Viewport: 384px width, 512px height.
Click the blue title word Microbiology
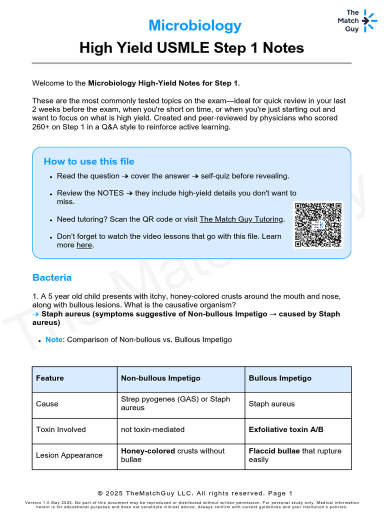195,25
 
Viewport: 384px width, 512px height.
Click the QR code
318,224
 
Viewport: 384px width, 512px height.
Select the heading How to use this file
89,161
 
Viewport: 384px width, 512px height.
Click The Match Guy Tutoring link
241,219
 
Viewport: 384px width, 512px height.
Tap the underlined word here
84,245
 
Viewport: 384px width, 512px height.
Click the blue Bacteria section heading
52,277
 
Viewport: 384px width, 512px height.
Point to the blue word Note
53,339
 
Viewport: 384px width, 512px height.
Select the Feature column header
50,378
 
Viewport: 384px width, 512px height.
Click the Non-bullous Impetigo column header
160,378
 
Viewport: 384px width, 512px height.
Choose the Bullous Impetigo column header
280,378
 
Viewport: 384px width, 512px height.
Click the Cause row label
47,404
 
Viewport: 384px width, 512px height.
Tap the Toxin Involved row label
61,429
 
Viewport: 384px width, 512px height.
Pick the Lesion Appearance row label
69,455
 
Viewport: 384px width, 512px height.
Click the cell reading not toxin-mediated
152,429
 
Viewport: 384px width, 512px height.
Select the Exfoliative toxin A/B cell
286,429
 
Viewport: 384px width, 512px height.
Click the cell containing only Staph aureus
271,404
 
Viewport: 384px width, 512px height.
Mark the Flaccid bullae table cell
295,455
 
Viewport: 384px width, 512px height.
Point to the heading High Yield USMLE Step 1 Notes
191,48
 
